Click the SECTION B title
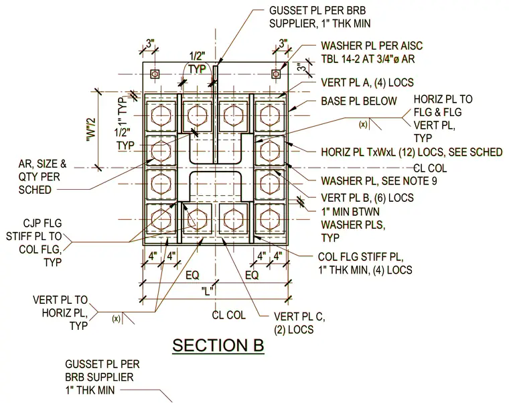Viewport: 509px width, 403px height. (x=218, y=345)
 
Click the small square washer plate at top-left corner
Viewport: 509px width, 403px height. (x=155, y=74)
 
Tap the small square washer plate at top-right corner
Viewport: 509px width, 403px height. (x=276, y=74)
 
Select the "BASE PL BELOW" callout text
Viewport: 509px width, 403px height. (x=359, y=101)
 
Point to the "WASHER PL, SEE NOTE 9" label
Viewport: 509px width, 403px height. (x=379, y=181)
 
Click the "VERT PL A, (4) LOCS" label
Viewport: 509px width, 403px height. (x=367, y=82)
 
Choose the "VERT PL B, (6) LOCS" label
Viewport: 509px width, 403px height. (x=367, y=198)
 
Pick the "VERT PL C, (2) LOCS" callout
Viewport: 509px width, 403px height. (x=299, y=323)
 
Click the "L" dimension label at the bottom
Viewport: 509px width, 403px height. (x=207, y=290)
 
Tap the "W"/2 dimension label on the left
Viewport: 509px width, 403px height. (x=92, y=129)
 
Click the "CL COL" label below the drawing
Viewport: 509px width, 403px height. (x=228, y=315)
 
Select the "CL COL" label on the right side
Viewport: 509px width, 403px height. (x=430, y=168)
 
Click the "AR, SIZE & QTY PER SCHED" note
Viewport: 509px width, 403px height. (x=42, y=176)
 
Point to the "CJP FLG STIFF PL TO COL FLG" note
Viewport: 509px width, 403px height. (x=34, y=243)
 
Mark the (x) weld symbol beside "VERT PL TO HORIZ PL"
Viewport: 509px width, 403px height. (x=117, y=319)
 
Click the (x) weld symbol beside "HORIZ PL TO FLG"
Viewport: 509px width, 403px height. (x=363, y=124)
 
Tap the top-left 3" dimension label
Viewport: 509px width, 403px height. (x=150, y=44)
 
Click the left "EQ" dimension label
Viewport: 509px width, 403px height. (x=192, y=276)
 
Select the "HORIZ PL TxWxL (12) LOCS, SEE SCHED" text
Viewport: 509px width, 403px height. (x=412, y=152)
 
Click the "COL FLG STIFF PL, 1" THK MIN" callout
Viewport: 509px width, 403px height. (x=365, y=264)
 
